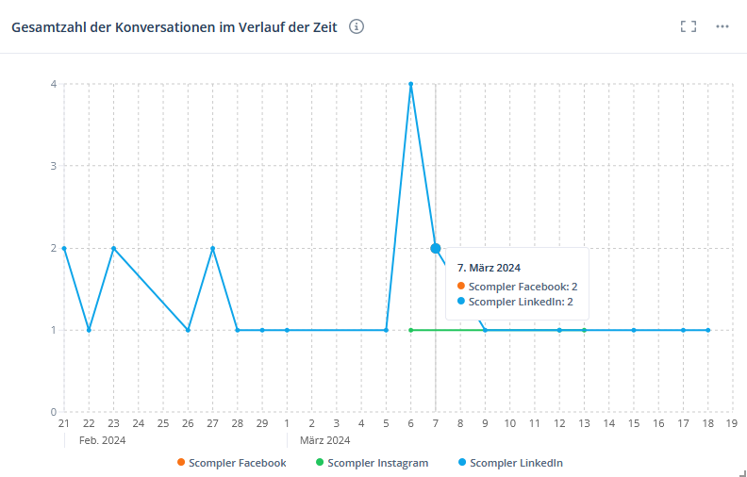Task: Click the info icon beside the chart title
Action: [357, 26]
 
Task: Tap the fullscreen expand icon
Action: [689, 26]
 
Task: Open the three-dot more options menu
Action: [722, 26]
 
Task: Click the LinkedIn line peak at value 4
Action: [410, 84]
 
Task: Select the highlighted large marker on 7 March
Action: [436, 248]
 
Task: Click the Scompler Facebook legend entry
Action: [231, 463]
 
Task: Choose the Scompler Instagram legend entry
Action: [372, 463]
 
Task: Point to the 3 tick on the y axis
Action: [54, 166]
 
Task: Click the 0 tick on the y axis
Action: [54, 412]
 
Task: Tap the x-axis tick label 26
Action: [188, 423]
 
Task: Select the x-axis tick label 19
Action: [732, 423]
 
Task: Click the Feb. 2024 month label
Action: [102, 439]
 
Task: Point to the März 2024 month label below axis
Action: [324, 439]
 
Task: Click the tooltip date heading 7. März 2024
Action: [489, 268]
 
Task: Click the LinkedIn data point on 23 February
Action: [113, 248]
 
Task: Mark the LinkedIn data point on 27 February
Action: [213, 248]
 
